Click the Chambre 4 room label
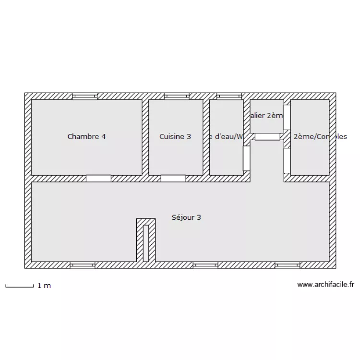(x=86, y=136)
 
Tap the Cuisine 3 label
(x=175, y=136)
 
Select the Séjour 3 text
(x=186, y=217)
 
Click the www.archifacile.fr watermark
(x=326, y=284)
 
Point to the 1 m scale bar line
(x=19, y=287)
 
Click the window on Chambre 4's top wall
(x=84, y=96)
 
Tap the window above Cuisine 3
(x=177, y=96)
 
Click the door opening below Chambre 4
(x=98, y=179)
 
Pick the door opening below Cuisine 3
(x=173, y=179)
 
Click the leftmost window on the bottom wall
(x=83, y=265)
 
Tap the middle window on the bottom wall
(x=205, y=265)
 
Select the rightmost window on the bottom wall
(x=288, y=265)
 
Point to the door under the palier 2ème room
(x=267, y=137)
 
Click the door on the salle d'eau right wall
(x=246, y=158)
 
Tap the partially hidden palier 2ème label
(x=267, y=115)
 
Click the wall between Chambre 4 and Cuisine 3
(x=145, y=137)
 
